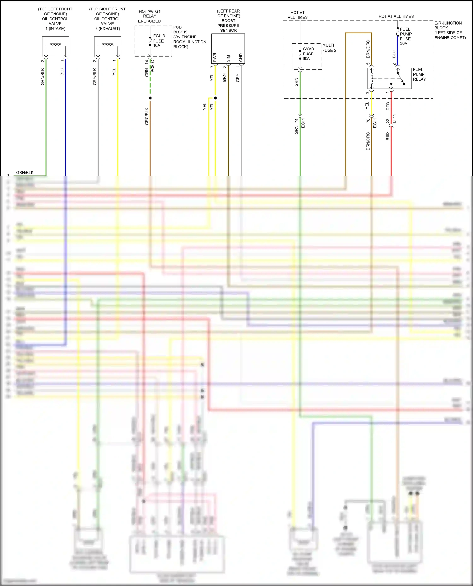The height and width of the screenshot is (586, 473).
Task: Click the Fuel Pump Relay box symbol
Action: [389, 78]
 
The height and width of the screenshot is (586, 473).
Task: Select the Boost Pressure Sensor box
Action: [228, 48]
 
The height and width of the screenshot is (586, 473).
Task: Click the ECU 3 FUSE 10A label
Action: [159, 41]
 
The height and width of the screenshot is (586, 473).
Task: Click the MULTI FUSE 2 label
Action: [329, 48]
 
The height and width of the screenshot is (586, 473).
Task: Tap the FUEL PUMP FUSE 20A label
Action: [406, 36]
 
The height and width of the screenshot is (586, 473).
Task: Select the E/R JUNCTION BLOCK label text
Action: [450, 30]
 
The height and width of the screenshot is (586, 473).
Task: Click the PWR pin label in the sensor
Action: [215, 57]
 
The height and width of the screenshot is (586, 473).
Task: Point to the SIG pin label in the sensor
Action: [228, 59]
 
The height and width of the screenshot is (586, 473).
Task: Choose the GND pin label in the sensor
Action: [241, 58]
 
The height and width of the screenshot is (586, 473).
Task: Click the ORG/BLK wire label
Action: [147, 116]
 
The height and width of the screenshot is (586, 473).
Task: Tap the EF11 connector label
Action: [394, 119]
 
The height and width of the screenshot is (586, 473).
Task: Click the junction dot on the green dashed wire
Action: [150, 98]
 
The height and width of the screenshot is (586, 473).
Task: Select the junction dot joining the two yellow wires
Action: [215, 98]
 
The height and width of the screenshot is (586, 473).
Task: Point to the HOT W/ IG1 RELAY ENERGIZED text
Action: [149, 16]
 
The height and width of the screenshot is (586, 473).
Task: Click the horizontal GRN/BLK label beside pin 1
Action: [25, 173]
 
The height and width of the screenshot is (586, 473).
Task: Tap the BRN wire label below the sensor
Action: [225, 77]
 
